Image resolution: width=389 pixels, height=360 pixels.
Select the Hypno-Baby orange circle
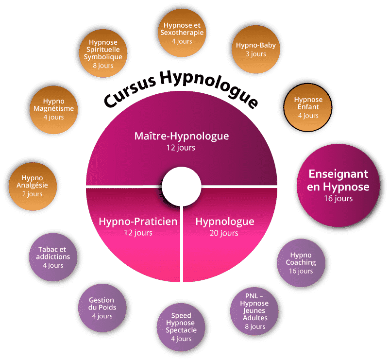[x=256, y=49]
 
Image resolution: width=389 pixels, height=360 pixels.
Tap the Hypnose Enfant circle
[x=308, y=107]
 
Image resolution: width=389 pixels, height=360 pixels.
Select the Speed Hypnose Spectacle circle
[x=181, y=326]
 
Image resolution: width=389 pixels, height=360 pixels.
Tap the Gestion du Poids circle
[x=102, y=308]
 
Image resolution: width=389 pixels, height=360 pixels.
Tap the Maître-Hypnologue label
[x=181, y=136]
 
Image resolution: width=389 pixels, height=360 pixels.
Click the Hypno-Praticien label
[x=138, y=222]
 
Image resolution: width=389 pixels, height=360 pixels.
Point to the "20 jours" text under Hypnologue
[x=224, y=233]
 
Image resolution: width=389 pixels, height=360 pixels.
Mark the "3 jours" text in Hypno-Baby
[x=256, y=54]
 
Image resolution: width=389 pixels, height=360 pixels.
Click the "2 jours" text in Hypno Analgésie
[x=33, y=194]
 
